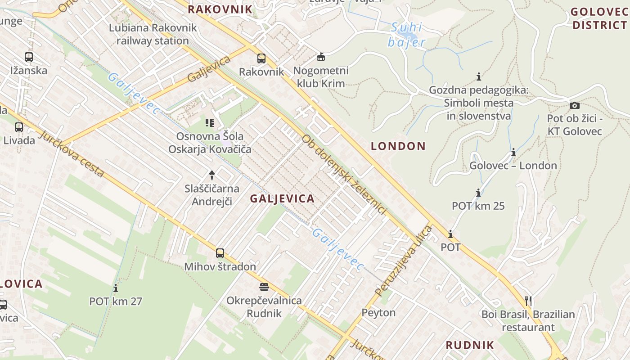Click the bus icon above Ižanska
29,57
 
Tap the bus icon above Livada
18,127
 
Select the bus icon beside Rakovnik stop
261,58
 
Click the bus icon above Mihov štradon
220,253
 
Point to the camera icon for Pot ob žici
575,105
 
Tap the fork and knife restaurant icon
528,301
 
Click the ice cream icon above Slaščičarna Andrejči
212,175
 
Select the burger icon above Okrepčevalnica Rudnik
264,287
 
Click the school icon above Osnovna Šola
209,122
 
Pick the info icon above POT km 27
116,288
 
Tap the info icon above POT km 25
478,193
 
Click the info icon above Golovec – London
513,153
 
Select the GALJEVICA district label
282,198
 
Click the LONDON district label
398,146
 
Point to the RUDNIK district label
470,345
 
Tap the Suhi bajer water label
406,35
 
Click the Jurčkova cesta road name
72,153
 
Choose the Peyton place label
378,312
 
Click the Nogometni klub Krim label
321,77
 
